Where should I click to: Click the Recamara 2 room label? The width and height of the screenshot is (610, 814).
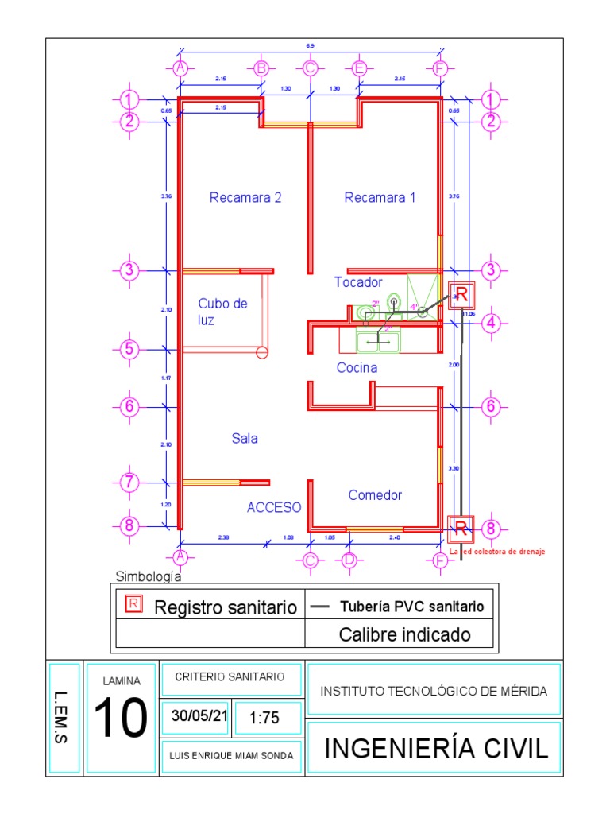point(245,198)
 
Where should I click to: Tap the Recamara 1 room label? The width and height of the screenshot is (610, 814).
point(380,198)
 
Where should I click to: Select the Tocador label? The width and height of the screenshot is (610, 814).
point(358,282)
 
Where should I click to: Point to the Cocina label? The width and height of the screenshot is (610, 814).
point(357,368)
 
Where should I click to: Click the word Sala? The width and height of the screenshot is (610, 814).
point(245,438)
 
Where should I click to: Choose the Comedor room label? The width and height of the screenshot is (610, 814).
point(375,495)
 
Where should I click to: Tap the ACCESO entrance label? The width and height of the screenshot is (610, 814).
point(273,507)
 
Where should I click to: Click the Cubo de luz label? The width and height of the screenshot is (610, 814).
point(222,312)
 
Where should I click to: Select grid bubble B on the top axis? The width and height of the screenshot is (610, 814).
point(261,68)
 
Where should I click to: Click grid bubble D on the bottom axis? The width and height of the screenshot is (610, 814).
point(349,560)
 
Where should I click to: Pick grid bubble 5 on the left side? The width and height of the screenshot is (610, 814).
point(129,349)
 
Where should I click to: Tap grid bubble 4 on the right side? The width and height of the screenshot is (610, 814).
point(492,323)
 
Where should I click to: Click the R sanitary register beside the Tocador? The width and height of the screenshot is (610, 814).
point(461,296)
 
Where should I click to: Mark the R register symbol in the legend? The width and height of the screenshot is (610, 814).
point(133,604)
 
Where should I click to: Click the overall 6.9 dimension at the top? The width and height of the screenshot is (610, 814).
point(309,47)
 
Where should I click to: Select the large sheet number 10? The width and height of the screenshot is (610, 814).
point(122,717)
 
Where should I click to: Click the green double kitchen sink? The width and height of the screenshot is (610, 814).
point(378,342)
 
